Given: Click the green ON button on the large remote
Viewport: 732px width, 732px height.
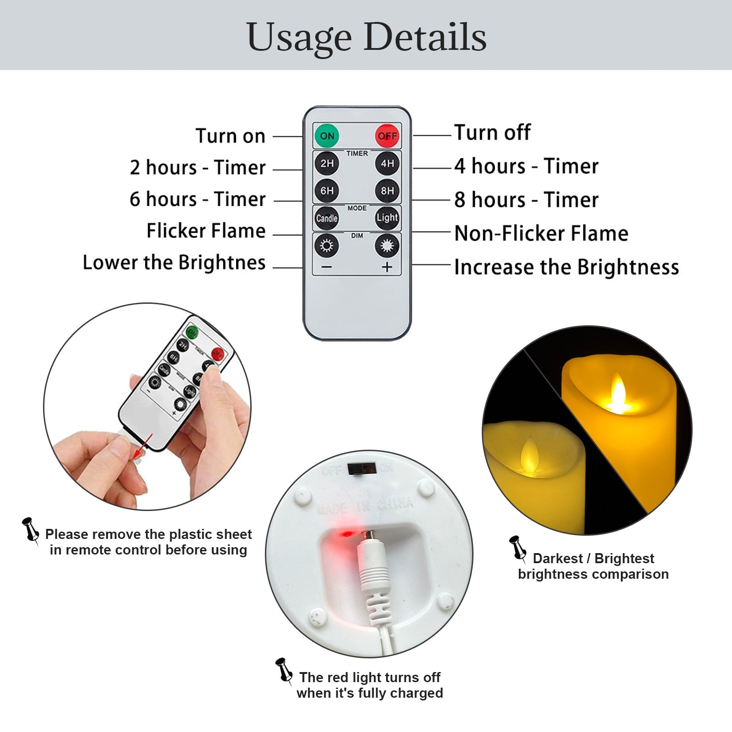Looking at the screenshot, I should (327, 135).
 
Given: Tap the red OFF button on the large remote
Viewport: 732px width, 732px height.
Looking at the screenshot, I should (387, 135).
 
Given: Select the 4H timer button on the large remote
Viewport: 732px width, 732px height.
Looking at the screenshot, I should (387, 163).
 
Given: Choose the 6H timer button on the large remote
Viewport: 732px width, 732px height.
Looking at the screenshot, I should (327, 190).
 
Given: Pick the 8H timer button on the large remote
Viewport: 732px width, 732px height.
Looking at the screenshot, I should (387, 190).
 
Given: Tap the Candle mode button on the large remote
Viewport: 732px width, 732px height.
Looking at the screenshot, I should (327, 218).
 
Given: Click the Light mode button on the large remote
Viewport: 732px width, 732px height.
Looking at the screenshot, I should (387, 218).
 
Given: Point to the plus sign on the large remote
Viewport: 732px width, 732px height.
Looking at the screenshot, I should (387, 267).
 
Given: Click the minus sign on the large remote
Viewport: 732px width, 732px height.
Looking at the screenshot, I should (327, 267).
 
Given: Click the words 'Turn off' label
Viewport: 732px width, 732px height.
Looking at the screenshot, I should (492, 133).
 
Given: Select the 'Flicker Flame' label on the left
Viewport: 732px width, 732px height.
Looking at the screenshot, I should (206, 231).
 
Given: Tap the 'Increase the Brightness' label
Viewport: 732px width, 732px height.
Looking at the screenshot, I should (566, 267).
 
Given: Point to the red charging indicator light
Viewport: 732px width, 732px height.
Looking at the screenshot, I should (346, 534).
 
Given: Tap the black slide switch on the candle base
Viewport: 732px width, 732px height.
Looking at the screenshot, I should (362, 468).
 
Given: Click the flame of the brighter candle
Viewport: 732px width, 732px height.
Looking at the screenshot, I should (618, 393).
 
